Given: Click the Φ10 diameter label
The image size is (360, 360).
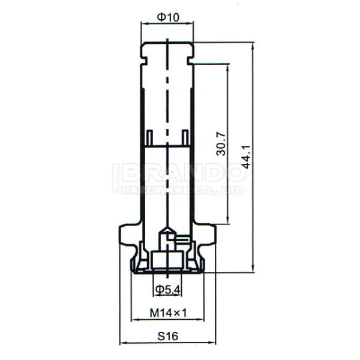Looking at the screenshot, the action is tap(168, 17).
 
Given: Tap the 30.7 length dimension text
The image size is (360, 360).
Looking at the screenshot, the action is tap(221, 144).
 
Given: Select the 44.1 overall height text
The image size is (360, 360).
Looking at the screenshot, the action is tap(246, 157).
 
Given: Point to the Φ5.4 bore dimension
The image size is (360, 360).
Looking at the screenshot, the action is tap(167, 290).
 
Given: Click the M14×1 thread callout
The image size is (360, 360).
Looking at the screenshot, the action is tap(168, 313).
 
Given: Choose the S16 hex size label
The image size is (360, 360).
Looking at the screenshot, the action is tap(168, 337).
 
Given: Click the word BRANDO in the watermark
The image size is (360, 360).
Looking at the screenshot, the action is tap(184, 172).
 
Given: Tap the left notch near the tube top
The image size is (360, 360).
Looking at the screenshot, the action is tap(144, 61).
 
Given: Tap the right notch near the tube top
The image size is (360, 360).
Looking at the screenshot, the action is tap(190, 61).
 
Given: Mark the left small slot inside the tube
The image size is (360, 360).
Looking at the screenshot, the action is tap(149, 137).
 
